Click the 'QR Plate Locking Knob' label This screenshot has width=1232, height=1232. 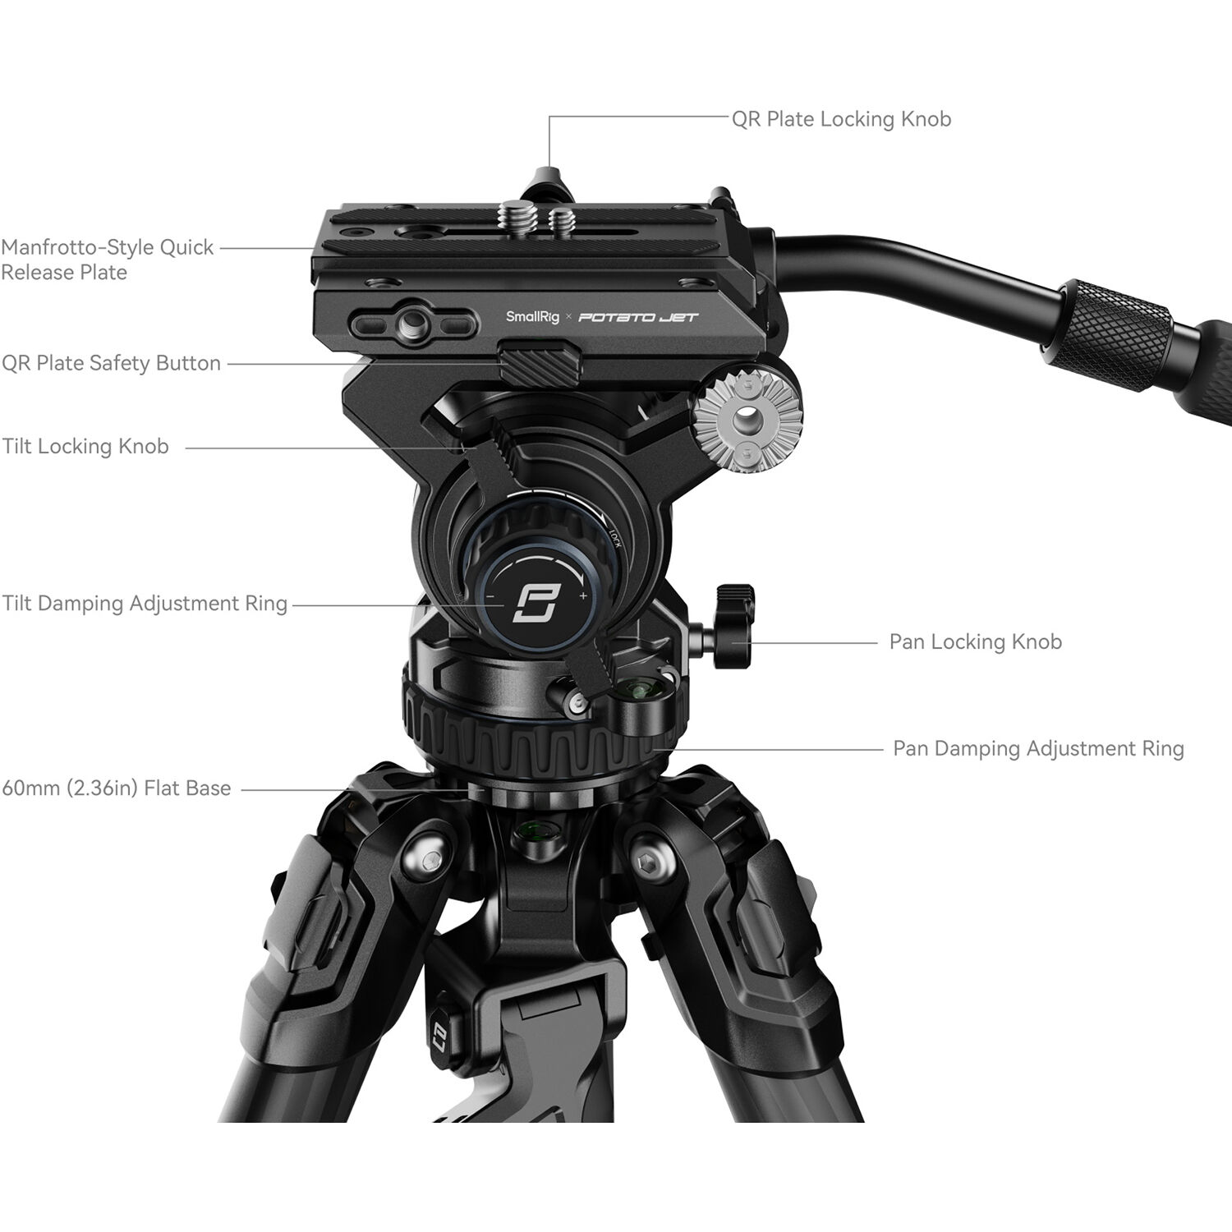click(x=841, y=119)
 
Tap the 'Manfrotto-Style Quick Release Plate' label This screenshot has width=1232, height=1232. click(x=107, y=260)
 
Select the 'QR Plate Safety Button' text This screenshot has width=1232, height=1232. click(x=111, y=363)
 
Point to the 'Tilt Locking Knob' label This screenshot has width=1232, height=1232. click(x=85, y=446)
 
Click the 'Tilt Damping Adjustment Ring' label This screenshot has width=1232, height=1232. click(x=145, y=604)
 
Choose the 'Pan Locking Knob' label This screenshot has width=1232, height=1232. click(x=975, y=641)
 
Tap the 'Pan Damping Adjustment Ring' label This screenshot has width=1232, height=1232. click(x=1038, y=748)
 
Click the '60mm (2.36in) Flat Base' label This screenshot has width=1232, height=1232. click(x=117, y=788)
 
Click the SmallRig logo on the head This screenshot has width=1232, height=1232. click(x=532, y=317)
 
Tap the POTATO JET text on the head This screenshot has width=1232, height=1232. click(x=638, y=317)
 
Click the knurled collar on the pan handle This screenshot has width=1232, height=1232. click(x=1113, y=324)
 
